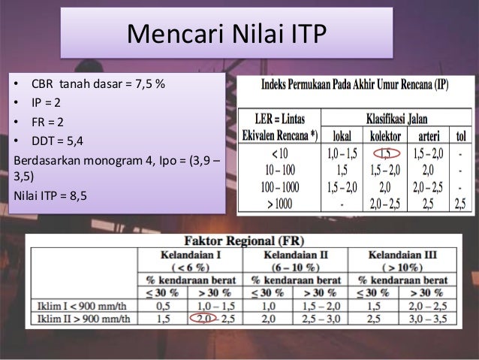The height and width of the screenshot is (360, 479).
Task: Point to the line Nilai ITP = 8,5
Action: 50,195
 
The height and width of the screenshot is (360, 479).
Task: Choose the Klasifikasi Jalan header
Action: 396,119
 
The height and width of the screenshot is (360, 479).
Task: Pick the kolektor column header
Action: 385,137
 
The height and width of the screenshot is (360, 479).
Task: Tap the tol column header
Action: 459,137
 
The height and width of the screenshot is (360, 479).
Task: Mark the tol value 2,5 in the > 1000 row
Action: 459,202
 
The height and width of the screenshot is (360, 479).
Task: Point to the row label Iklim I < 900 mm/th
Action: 83,306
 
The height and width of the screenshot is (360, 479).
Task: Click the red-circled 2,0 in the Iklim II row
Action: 202,319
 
